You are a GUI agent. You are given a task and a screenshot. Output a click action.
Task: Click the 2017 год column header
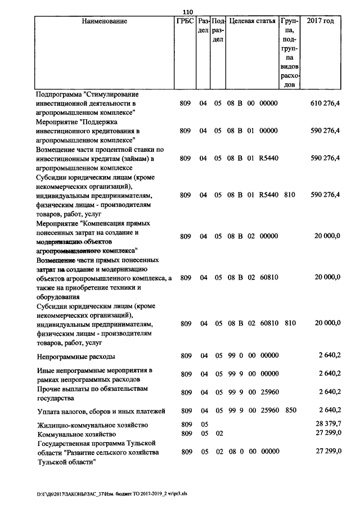[x=320, y=21]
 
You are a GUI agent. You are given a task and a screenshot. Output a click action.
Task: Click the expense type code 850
[x=290, y=410]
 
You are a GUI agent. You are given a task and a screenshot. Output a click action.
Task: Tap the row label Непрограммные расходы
[x=76, y=357]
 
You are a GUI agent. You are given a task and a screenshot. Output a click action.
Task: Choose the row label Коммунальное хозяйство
[x=76, y=434]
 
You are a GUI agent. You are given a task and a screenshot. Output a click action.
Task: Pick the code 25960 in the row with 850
[x=269, y=410]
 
